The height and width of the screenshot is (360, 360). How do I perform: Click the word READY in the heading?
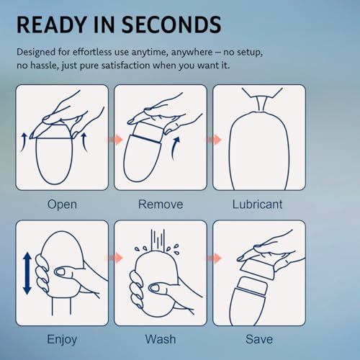point(52,24)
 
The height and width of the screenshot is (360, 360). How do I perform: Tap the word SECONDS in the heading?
point(171,24)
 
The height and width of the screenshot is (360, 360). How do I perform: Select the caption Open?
point(62,205)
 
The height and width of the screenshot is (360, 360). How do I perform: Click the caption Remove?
point(161,204)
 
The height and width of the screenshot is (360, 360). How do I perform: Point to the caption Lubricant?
point(257,204)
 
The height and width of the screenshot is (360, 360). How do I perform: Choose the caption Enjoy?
point(62,340)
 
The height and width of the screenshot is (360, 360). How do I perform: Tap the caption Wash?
point(161,339)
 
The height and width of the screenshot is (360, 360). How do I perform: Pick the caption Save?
point(259,339)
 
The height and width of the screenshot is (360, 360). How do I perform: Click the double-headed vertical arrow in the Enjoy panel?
point(27,273)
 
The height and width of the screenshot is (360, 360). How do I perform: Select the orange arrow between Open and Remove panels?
point(114,140)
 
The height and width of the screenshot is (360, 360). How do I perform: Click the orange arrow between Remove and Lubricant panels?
point(213,140)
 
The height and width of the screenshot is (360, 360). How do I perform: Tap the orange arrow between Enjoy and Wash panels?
point(114,258)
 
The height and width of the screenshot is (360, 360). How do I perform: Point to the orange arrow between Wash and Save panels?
point(213,258)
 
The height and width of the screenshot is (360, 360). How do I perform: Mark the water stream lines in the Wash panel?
point(158,240)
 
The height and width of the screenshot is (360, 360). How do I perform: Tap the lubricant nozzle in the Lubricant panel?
point(261,103)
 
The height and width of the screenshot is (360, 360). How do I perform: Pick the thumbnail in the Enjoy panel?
point(60,272)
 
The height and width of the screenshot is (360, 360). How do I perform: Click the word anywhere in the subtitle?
point(192,53)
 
